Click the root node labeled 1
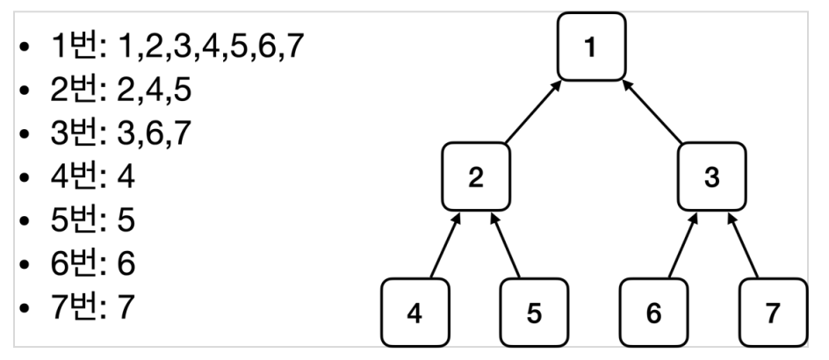[x=592, y=47]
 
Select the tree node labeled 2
[x=476, y=176]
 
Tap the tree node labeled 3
[x=712, y=176]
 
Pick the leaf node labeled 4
[x=415, y=313]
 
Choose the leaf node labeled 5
[x=535, y=313]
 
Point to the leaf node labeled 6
[x=654, y=313]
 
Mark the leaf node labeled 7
[x=774, y=313]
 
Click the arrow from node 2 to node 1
[x=533, y=112]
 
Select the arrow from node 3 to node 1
[x=652, y=112]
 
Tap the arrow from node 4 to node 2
[x=446, y=245]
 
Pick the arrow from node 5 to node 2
[x=506, y=245]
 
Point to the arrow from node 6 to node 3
[x=683, y=245]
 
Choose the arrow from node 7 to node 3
[x=743, y=245]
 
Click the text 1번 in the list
[x=74, y=46]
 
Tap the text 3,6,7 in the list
[x=154, y=133]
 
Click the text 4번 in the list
[x=74, y=176]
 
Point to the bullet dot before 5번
[x=24, y=220]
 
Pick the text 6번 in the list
[x=74, y=263]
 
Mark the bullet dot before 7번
[x=24, y=307]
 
